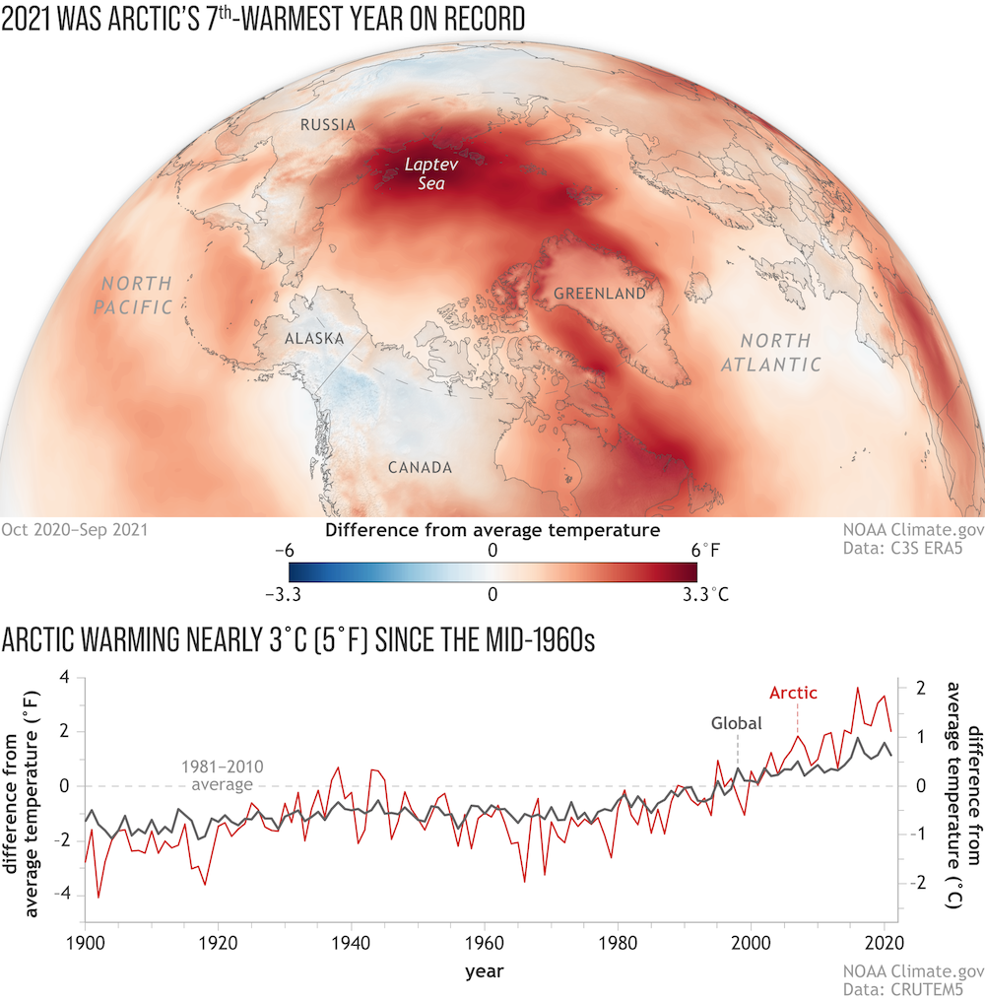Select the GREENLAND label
(x=599, y=293)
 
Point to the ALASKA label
(x=313, y=339)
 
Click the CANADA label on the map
(x=420, y=467)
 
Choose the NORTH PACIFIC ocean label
(x=134, y=295)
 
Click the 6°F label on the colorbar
(x=708, y=550)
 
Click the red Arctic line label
(x=793, y=693)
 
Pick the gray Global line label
(x=737, y=722)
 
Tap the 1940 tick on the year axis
(x=351, y=941)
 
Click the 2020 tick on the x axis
(x=885, y=941)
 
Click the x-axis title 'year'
(x=485, y=971)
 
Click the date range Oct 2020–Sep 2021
(x=75, y=530)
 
